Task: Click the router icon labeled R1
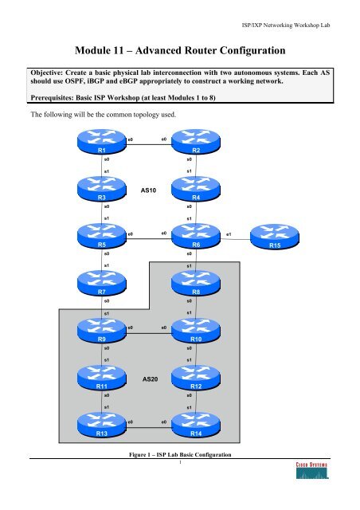pyautogui.click(x=101, y=145)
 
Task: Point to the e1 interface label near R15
pyautogui.click(x=229, y=233)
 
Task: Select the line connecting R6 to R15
pyautogui.click(x=233, y=238)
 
